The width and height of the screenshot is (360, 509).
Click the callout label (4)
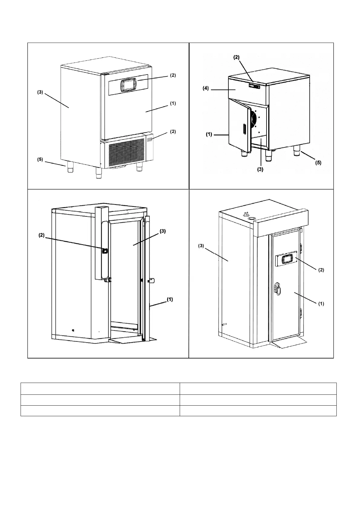(205, 89)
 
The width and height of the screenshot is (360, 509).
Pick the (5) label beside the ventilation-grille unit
(40, 160)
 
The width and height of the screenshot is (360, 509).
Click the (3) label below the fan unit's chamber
(260, 170)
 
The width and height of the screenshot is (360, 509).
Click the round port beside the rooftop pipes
(251, 218)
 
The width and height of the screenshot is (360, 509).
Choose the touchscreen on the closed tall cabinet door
(286, 260)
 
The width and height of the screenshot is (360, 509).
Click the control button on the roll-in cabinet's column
(105, 251)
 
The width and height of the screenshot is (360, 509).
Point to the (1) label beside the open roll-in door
(170, 299)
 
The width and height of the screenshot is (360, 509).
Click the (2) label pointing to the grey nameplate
(172, 131)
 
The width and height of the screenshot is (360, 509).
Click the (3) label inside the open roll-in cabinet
(162, 231)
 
